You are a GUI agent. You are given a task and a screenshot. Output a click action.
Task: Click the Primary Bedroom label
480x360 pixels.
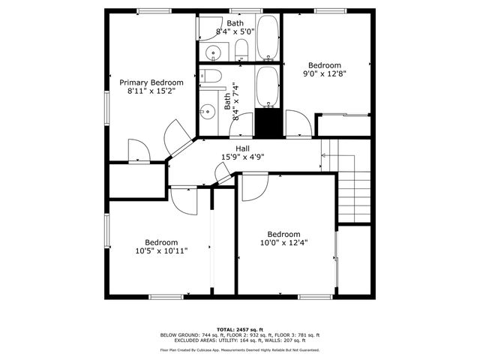[x=151, y=82]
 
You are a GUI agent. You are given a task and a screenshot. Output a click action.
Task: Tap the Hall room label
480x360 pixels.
[x=242, y=148]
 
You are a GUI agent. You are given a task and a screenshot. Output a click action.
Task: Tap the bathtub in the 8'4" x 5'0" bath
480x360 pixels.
[x=268, y=40]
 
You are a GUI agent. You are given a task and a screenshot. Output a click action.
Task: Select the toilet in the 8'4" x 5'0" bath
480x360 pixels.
[x=241, y=50]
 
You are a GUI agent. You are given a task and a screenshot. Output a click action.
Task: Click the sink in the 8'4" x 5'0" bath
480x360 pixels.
[x=213, y=52]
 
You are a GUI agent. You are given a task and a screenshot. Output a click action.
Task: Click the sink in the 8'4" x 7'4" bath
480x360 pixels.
[x=207, y=112]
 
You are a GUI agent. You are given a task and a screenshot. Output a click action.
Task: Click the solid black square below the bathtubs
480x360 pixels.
[x=267, y=122]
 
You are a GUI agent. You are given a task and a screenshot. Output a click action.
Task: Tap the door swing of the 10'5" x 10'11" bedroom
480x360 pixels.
[x=184, y=199]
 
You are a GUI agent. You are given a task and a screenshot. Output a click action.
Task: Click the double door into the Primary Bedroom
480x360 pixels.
[x=177, y=137]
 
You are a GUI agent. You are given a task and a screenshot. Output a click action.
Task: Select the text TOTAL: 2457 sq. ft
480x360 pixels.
[x=240, y=329]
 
